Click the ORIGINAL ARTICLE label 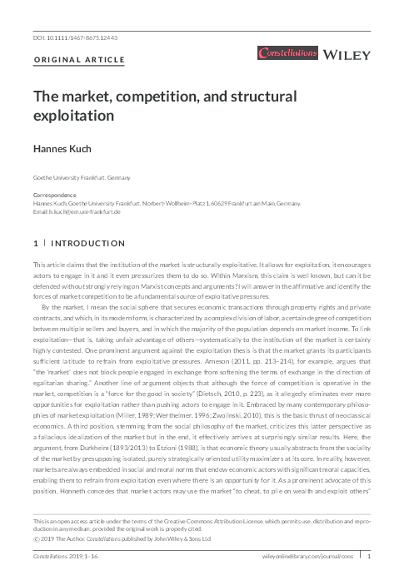coord(79,61)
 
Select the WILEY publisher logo coord(347,55)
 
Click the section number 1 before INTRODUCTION coord(35,245)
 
